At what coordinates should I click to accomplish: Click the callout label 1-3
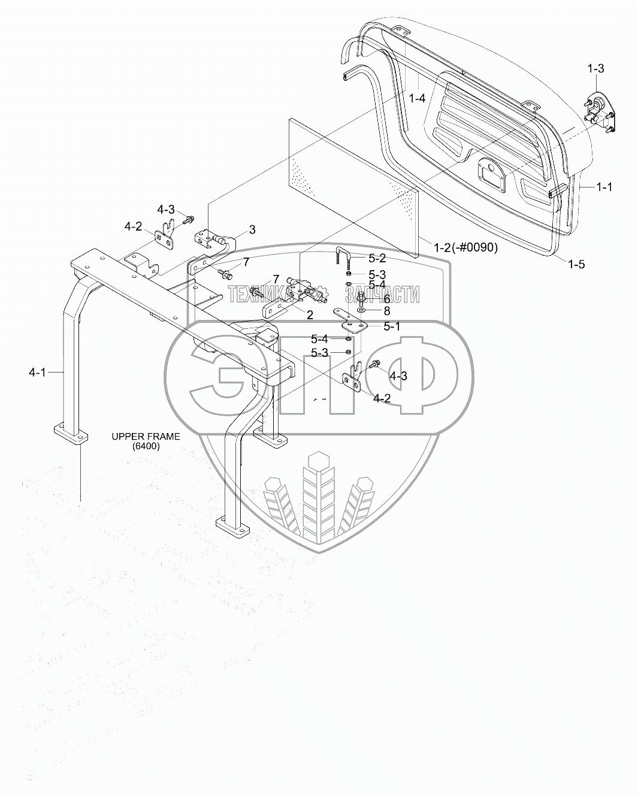pos(595,69)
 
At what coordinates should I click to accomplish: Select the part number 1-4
pos(417,98)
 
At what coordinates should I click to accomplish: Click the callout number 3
pos(252,229)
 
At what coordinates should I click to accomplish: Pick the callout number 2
pos(310,314)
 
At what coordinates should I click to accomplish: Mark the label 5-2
pos(377,259)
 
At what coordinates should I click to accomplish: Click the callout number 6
pos(387,298)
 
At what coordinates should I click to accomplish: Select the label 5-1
pos(391,326)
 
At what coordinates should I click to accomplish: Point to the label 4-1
pos(37,373)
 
